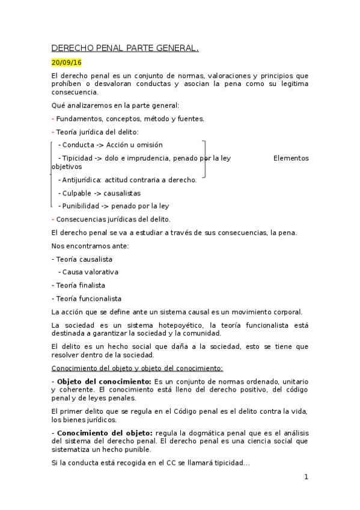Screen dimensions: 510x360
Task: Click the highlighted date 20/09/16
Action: [x=66, y=63]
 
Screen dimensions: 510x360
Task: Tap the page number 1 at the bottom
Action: [x=306, y=477]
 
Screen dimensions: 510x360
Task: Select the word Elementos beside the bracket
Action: [x=291, y=158]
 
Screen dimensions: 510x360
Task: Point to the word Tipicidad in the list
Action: [x=80, y=158]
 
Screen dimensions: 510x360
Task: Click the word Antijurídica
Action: [x=82, y=179]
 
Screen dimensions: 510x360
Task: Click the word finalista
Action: [x=90, y=285]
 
